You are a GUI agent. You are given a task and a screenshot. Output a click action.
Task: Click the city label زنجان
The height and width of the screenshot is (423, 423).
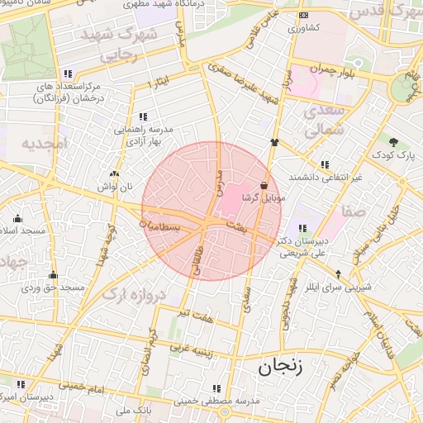[280, 368]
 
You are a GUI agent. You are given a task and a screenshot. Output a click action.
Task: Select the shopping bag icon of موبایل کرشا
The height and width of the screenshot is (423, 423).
[264, 185]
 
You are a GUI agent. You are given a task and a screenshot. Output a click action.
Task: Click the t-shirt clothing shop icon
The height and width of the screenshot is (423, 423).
[274, 142]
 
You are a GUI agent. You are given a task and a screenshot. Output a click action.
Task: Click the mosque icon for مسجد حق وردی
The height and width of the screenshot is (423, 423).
[54, 275]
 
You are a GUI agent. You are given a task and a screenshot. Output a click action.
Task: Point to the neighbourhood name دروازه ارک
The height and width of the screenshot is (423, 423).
[138, 294]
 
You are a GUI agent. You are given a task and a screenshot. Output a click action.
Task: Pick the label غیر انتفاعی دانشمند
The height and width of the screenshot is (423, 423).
[324, 178]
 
